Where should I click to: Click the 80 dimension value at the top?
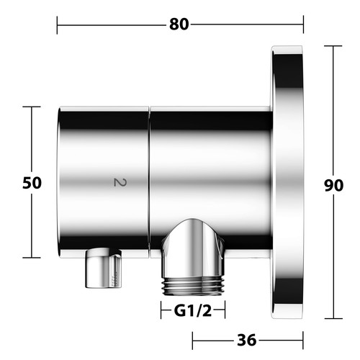tap(179, 24)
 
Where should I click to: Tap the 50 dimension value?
tap(32, 183)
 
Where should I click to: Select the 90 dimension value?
tap(333, 185)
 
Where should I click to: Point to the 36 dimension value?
tap(247, 340)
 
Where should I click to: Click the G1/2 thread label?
tap(193, 311)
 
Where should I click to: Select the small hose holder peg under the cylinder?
tap(104, 268)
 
